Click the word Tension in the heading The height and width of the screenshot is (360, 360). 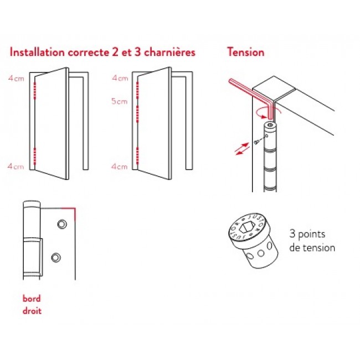[245, 53]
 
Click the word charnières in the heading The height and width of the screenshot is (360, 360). [169, 53]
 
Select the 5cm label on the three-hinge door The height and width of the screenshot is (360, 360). [119, 101]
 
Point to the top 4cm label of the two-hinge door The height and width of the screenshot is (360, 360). [16, 78]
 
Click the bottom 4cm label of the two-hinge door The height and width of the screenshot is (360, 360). [16, 166]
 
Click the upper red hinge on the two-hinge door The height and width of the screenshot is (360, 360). [34, 90]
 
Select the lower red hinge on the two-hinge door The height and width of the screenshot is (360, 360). [34, 157]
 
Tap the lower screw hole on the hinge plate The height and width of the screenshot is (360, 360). [55, 257]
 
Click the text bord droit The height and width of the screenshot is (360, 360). [32, 304]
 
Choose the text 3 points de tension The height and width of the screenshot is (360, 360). [312, 240]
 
